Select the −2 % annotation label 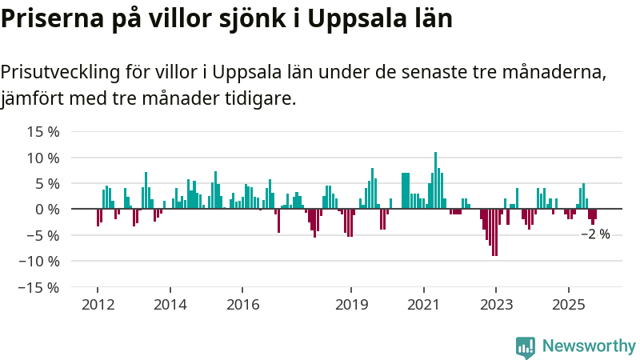tap(595, 234)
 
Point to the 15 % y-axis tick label tap(42, 132)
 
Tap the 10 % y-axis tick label tap(42, 158)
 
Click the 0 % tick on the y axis tap(46, 210)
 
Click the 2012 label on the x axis tap(98, 305)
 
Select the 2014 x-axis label tap(170, 305)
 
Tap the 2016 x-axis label tap(242, 305)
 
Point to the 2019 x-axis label tap(351, 305)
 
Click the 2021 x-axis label tap(423, 305)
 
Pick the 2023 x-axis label tap(496, 305)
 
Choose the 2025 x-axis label tap(568, 305)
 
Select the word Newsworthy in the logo tap(589, 346)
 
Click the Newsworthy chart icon tap(526, 346)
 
